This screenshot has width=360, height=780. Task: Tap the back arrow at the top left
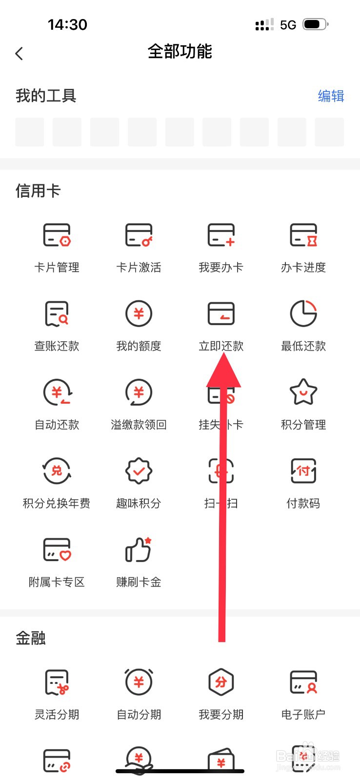click(x=20, y=53)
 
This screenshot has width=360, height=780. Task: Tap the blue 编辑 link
click(x=331, y=96)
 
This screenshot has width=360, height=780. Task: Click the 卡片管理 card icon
click(x=57, y=235)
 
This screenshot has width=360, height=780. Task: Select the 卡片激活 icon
click(x=139, y=235)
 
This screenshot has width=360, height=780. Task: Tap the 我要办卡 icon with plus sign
click(x=221, y=235)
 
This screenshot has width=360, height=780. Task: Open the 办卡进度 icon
click(x=303, y=235)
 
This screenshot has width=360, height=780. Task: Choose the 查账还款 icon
click(x=57, y=313)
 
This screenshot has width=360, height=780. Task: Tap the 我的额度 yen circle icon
click(x=139, y=313)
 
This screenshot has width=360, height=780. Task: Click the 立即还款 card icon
click(x=221, y=313)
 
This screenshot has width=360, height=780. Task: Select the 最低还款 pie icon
click(x=303, y=313)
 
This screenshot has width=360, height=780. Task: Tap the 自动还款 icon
click(x=57, y=392)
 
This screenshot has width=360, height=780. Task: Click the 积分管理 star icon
click(x=303, y=392)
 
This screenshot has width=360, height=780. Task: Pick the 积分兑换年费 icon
click(x=57, y=471)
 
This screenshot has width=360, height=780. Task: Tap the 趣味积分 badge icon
click(x=139, y=471)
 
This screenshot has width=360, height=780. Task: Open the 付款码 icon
click(x=303, y=471)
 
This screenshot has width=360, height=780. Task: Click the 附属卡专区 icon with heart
click(x=57, y=549)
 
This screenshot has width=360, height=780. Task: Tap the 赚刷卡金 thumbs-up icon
click(x=139, y=549)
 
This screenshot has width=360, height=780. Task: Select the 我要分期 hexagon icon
click(x=221, y=682)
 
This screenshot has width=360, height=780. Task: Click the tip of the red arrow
click(x=223, y=355)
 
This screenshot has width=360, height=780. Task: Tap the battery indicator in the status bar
click(x=315, y=24)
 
